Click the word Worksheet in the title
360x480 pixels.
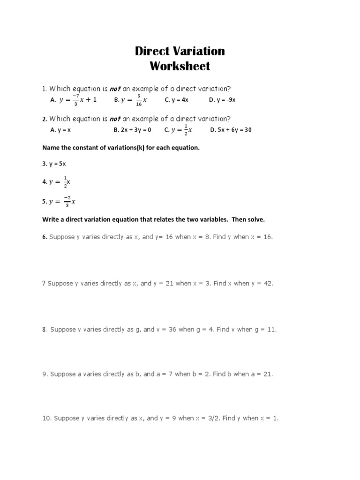180,66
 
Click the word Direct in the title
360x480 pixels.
151,51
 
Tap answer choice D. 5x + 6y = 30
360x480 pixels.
231,130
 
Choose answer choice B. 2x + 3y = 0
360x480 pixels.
132,130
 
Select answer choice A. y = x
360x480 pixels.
60,130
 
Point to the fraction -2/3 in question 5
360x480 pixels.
67,202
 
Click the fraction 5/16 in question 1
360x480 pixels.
139,100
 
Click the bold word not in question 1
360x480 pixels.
115,89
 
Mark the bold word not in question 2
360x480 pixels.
115,119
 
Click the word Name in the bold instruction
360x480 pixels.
51,148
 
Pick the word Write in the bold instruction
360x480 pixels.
51,219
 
